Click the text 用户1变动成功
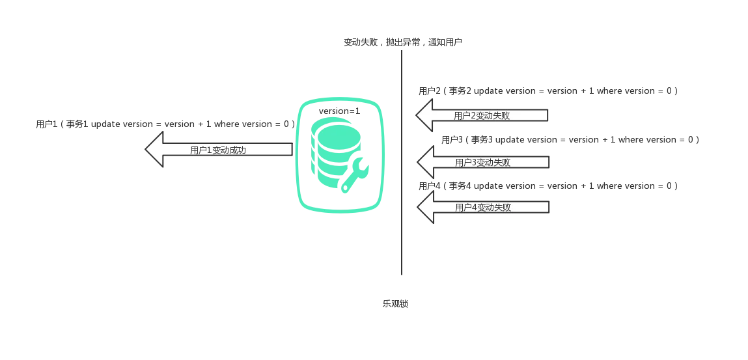pos(217,150)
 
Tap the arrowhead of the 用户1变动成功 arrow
pos(154,150)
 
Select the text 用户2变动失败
pos(482,116)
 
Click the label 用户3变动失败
pos(483,162)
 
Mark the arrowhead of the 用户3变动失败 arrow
pos(424,162)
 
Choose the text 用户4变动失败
pos(483,208)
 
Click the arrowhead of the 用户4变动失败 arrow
pos(424,208)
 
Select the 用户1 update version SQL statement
pos(167,124)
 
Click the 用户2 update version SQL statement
pos(547,91)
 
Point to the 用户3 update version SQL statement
pos(572,140)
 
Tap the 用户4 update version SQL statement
pos(547,187)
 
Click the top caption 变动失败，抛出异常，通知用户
pos(404,42)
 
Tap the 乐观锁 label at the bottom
pos(395,303)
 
